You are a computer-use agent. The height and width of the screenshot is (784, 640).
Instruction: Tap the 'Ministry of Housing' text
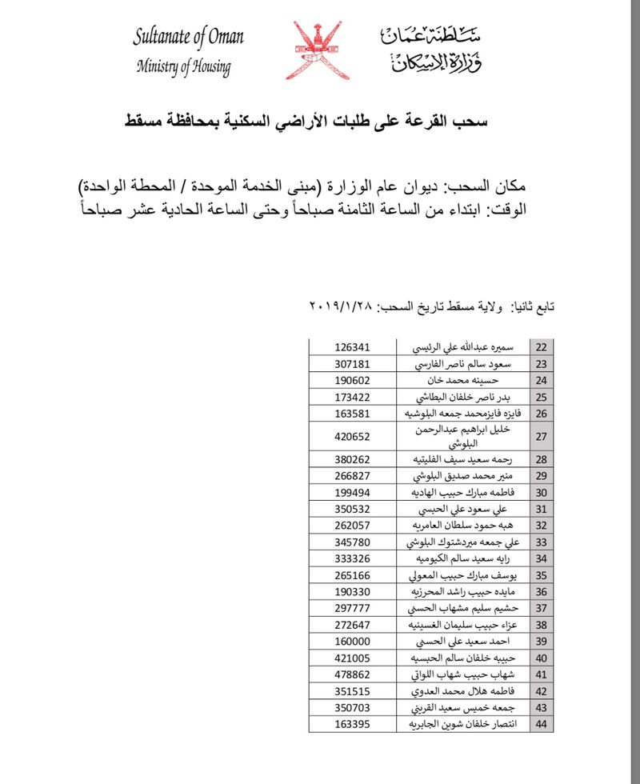[x=183, y=67]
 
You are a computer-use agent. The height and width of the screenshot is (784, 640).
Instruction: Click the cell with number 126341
[x=353, y=348]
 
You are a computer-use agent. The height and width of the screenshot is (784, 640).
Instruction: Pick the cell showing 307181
[x=353, y=365]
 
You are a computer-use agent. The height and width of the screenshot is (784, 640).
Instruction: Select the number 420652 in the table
[x=353, y=437]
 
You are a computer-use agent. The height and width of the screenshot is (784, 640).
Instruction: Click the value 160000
[x=353, y=642]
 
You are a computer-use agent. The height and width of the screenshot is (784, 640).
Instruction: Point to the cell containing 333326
[x=353, y=558]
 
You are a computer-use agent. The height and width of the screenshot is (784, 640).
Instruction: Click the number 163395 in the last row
[x=353, y=725]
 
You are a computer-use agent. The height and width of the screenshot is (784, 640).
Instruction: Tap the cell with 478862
[x=353, y=675]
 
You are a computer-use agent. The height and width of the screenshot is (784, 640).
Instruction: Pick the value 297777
[x=353, y=609]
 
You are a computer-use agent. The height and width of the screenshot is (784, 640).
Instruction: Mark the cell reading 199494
[x=353, y=492]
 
